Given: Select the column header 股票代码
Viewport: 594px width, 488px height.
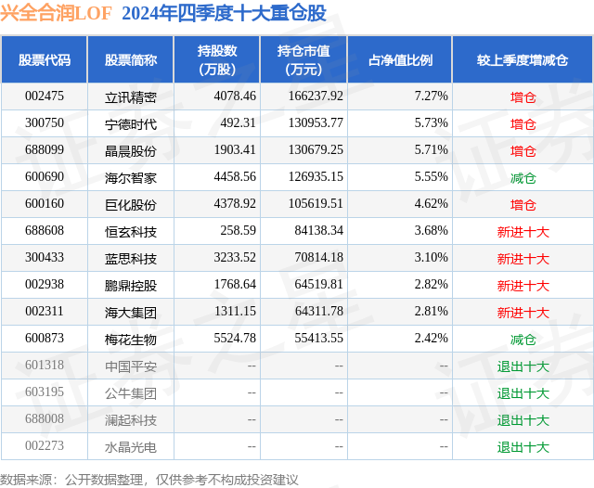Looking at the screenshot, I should coord(44,60).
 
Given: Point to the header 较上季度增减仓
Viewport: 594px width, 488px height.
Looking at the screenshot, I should coord(523,60).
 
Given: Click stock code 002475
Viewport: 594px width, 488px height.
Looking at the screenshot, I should coord(44,96).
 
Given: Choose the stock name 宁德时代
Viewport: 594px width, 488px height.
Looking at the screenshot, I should coord(131,123).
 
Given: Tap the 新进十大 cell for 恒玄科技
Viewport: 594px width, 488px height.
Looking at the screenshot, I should coord(523,232).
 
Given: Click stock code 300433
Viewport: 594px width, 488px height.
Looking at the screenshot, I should coord(44,259).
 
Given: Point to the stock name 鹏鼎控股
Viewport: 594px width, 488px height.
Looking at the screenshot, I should coord(131,286).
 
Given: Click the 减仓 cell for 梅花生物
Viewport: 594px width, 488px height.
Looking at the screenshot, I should coord(523,340).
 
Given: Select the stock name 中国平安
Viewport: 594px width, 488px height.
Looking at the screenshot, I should coord(131,366).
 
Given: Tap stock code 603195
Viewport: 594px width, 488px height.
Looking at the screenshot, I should coord(44,393).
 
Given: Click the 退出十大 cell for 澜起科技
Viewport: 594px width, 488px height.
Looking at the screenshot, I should coord(523,420).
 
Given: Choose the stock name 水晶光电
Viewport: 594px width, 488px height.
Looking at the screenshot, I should coord(131,447).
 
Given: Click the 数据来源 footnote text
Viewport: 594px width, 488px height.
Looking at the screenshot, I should coord(148,479).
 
